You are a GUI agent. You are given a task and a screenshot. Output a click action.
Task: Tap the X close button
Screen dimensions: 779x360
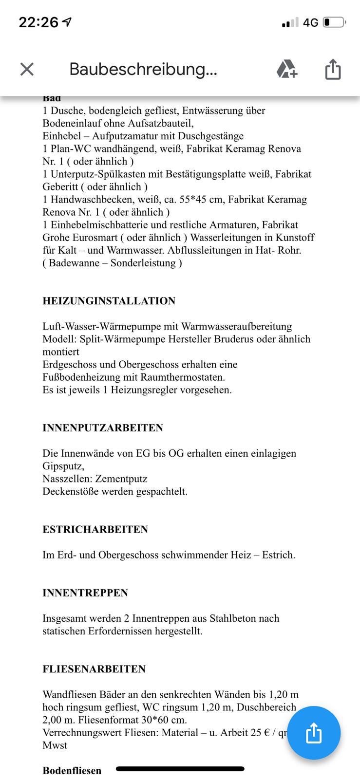(27, 69)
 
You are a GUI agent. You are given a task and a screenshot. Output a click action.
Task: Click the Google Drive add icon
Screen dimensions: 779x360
(286, 69)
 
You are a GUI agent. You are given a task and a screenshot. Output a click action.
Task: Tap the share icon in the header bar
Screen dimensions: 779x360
(333, 69)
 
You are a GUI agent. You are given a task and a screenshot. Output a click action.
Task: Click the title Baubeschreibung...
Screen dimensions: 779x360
(143, 69)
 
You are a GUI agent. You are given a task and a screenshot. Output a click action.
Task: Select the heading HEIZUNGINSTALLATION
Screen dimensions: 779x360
(109, 301)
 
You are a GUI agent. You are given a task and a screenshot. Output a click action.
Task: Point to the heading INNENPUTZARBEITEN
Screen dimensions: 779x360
(102, 428)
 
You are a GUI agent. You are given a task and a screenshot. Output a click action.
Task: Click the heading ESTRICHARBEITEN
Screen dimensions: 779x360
(95, 529)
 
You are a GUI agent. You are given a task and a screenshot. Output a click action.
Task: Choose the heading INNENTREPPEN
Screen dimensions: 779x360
(85, 593)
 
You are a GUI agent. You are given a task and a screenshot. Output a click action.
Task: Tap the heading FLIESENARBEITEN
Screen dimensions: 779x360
(94, 669)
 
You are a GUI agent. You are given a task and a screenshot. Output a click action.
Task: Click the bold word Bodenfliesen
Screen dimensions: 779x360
(72, 770)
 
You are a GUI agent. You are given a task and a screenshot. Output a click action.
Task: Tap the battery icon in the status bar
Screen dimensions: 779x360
(335, 22)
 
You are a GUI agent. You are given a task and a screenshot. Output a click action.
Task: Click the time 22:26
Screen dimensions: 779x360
(38, 22)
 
